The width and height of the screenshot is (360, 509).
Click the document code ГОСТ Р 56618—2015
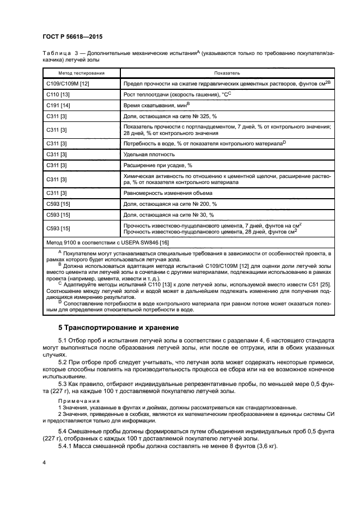tap(72, 36)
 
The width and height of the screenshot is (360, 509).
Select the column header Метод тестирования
tap(82, 72)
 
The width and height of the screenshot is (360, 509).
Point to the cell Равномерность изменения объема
tap(168, 193)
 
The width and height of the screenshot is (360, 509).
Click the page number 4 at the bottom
tap(45, 462)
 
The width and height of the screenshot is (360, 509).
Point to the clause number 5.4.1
tap(66, 445)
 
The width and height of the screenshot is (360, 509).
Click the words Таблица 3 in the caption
tap(62, 53)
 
